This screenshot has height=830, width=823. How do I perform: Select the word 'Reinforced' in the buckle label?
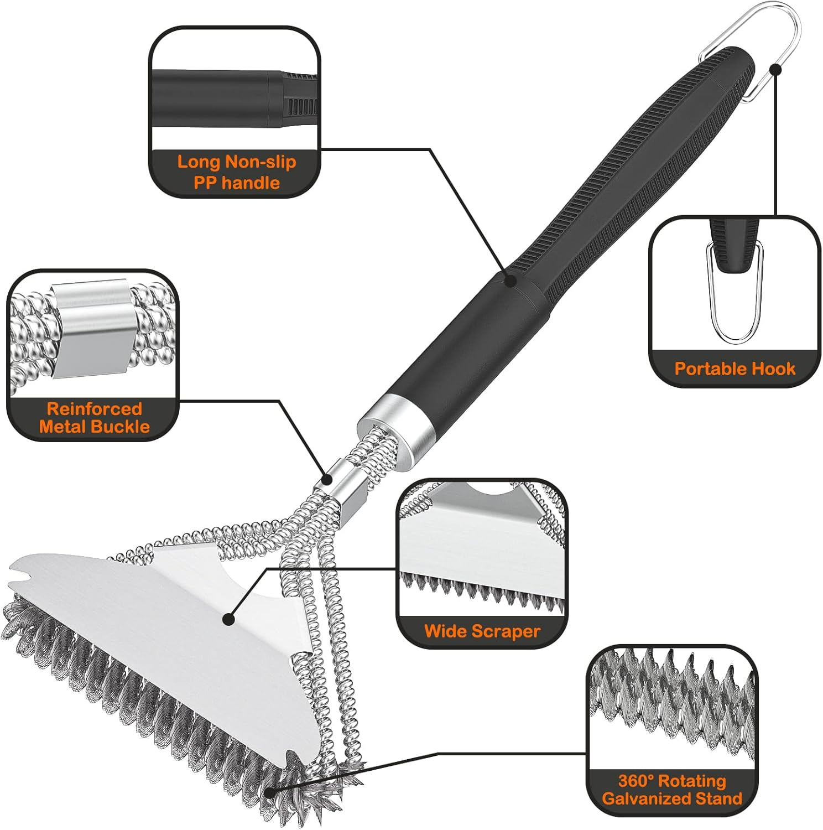95,409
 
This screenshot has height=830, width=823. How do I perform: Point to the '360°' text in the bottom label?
637,781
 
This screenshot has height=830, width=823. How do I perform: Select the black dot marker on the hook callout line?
775,69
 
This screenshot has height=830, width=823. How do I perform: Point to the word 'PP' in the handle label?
206,183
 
